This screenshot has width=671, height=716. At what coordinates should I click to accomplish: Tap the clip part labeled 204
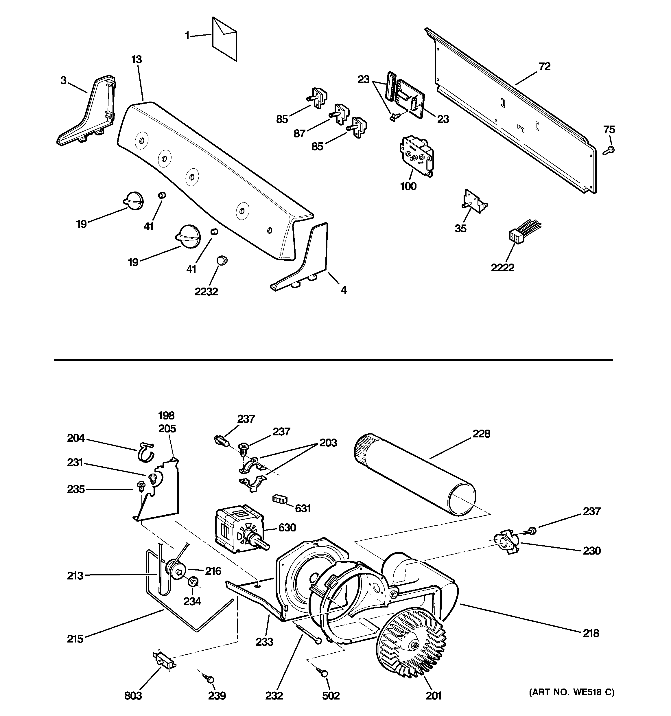tap(145, 452)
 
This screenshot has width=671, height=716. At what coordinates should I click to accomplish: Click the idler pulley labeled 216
tap(175, 570)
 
